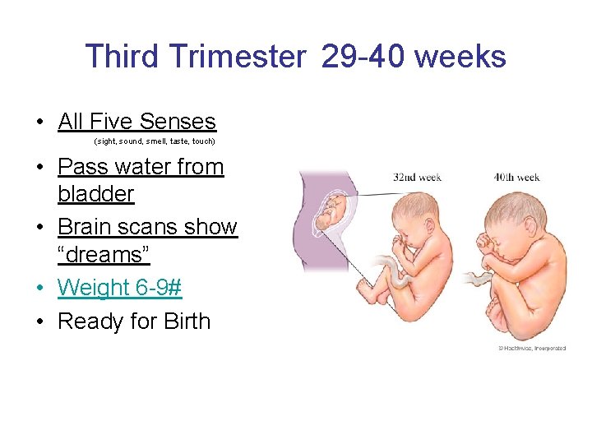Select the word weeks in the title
coord(460,57)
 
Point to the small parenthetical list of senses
coord(155,141)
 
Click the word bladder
coord(95,194)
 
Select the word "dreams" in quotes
coord(104,255)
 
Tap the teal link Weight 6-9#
coord(120,288)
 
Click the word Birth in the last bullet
coord(183,321)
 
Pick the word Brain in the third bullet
coord(87,227)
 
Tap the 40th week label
coord(516,178)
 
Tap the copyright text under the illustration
coord(531,348)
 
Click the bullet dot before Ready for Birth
coord(39,321)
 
